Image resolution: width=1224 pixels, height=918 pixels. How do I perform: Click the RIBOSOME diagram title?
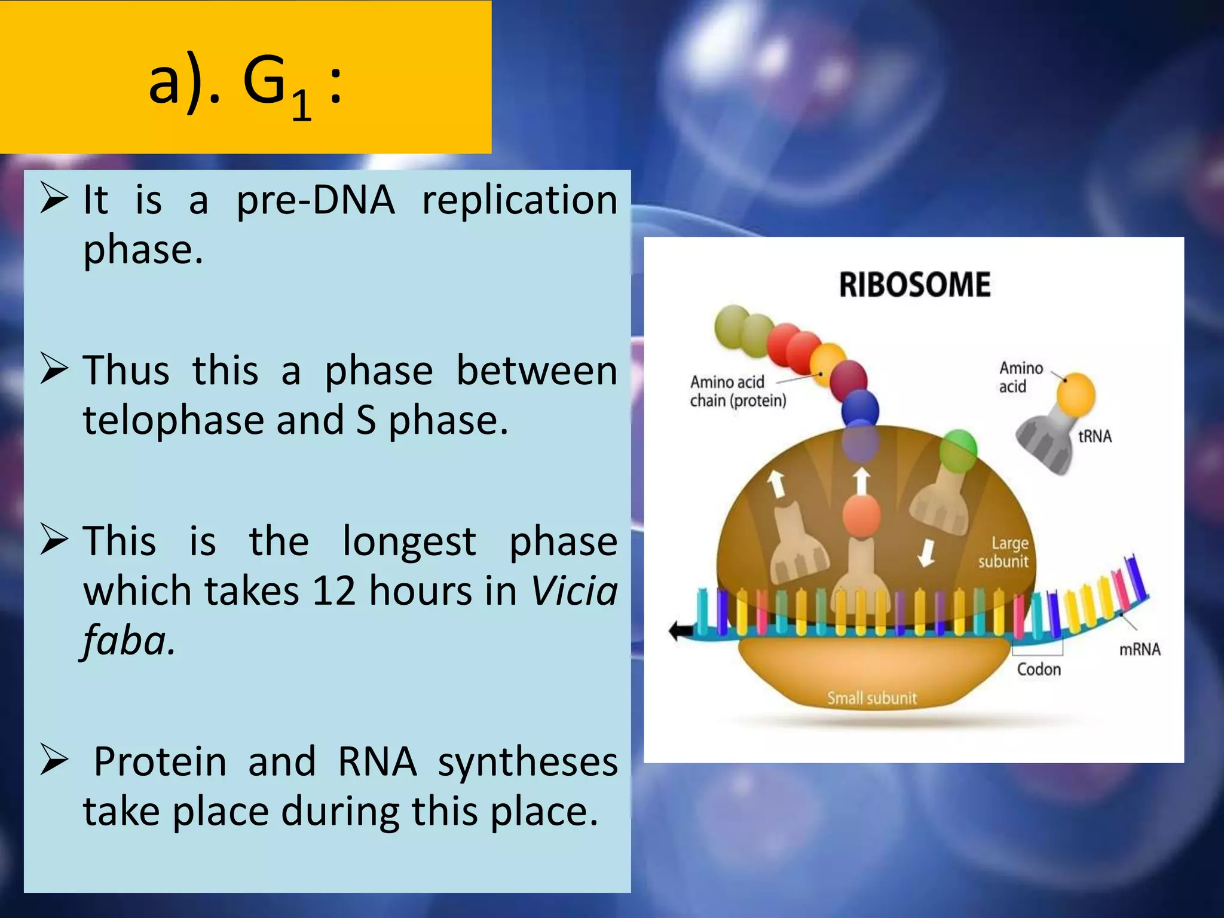[914, 284]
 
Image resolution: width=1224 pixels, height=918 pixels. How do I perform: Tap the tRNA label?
[1094, 436]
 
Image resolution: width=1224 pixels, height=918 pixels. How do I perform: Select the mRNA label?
[1139, 649]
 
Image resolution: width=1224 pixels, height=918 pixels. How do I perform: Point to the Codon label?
[1039, 669]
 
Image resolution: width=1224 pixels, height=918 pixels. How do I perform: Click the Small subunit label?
[871, 697]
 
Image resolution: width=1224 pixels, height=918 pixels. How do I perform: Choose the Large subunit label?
[1004, 552]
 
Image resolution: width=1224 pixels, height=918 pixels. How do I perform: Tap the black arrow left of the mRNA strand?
[680, 629]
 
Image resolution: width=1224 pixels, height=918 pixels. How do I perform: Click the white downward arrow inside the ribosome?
[926, 552]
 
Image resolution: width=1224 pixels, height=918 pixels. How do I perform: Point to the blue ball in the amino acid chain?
[860, 409]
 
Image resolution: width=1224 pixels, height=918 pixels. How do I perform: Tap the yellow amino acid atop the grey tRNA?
[1075, 394]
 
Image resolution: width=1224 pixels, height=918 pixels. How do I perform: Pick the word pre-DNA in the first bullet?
[315, 200]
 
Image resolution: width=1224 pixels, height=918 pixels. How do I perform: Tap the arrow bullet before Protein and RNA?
[54, 761]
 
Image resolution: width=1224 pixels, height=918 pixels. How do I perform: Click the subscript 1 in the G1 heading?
[302, 105]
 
